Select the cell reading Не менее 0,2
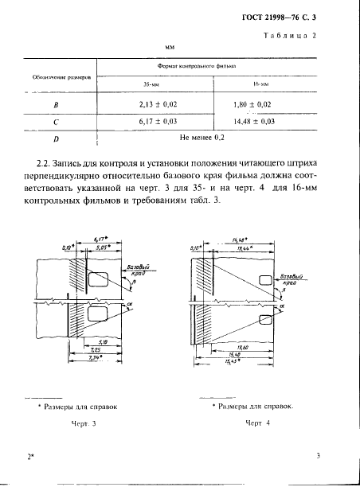pyautogui.click(x=207, y=138)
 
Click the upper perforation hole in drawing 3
pyautogui.click(x=98, y=279)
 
